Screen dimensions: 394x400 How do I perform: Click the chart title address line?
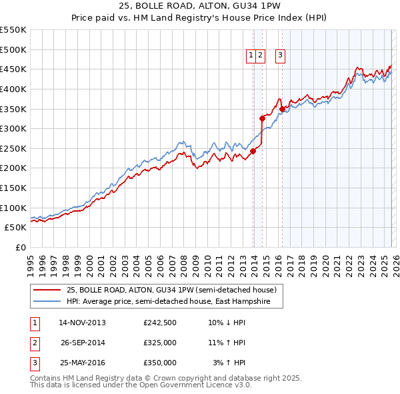(x=200, y=7)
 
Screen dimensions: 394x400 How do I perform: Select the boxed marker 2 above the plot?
(x=261, y=56)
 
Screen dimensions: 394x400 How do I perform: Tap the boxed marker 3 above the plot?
(x=280, y=56)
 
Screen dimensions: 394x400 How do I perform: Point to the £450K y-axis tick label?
(x=13, y=69)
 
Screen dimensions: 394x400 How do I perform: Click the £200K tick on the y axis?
(x=13, y=168)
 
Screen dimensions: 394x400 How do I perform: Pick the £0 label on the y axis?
(x=20, y=247)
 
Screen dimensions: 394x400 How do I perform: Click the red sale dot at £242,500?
(x=253, y=151)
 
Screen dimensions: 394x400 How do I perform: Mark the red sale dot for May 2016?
(x=282, y=109)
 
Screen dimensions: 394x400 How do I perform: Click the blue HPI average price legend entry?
(x=166, y=302)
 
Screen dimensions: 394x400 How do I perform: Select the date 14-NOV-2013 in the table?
(x=82, y=323)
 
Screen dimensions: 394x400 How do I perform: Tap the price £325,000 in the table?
(x=160, y=343)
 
